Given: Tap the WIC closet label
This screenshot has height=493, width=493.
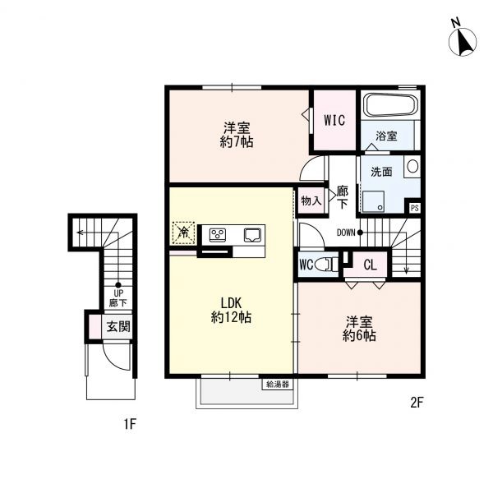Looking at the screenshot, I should click(334, 120).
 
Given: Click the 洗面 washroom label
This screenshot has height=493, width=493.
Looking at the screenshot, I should click(380, 173).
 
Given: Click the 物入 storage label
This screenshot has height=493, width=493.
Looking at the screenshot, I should click(310, 200).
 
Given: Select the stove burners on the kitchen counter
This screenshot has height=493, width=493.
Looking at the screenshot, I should click(219, 235).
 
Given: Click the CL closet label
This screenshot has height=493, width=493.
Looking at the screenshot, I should click(370, 265).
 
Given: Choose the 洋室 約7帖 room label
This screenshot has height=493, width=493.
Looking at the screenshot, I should click(237, 135).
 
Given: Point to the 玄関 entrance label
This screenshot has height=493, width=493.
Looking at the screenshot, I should click(118, 326).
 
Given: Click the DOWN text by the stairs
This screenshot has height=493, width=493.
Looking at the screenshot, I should click(346, 233).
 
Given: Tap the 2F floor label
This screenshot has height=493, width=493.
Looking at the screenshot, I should click(417, 403).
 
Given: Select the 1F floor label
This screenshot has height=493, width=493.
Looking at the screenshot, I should click(129, 425).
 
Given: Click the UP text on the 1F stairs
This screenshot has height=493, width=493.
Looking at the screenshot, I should click(117, 293).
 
